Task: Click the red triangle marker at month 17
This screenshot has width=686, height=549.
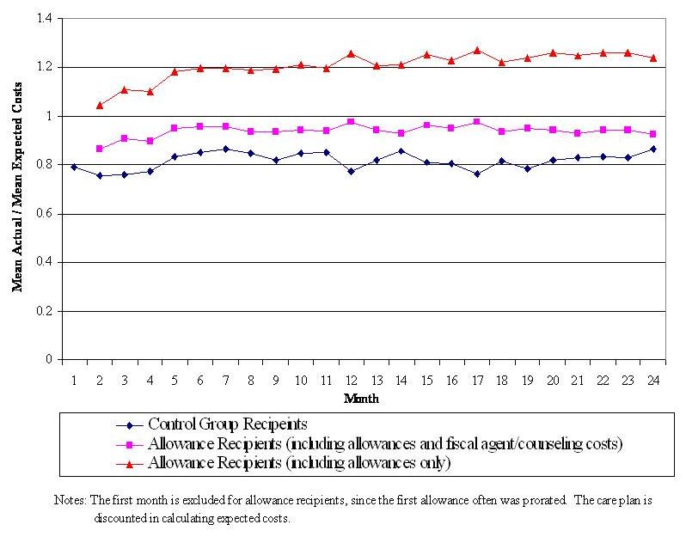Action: pyautogui.click(x=476, y=50)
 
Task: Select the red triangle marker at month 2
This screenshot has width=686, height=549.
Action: pyautogui.click(x=100, y=105)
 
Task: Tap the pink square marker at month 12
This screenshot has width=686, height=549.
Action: pyautogui.click(x=351, y=122)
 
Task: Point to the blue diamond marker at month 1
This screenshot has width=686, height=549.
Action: pyautogui.click(x=75, y=167)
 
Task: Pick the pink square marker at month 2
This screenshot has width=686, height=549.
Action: pyautogui.click(x=100, y=149)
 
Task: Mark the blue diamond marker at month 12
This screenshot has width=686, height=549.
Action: pyautogui.click(x=351, y=171)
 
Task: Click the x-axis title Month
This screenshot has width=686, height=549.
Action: pyautogui.click(x=362, y=398)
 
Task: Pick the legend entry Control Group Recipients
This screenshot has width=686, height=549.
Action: pyautogui.click(x=228, y=424)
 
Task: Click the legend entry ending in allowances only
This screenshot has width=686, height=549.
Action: pyautogui.click(x=301, y=463)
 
